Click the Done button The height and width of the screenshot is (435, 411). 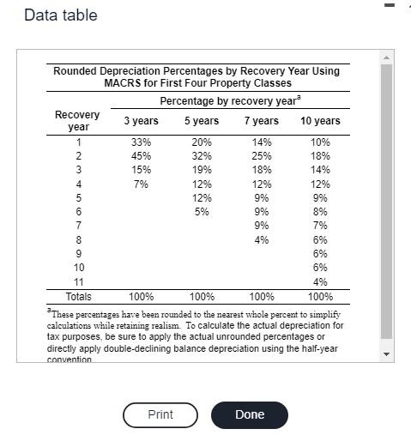tap(250, 414)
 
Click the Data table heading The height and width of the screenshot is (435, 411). tap(61, 15)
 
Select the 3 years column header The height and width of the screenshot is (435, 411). tap(141, 121)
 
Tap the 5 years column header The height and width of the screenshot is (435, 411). tap(202, 121)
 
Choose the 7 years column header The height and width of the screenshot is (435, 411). tap(262, 121)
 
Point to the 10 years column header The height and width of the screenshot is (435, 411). tap(320, 121)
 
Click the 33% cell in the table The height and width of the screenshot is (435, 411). tap(141, 142)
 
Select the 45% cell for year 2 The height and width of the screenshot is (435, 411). tap(141, 156)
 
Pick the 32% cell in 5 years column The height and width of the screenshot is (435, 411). tap(202, 156)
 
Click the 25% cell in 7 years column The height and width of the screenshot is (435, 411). tap(262, 156)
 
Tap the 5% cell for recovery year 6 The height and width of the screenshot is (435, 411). tap(202, 212)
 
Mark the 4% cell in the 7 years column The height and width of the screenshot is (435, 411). tap(262, 240)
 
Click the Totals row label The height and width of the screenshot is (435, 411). tap(78, 297)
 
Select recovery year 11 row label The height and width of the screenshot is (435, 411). tap(78, 282)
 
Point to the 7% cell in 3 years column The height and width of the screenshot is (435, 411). tap(141, 184)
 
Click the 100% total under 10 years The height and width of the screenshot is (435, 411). tap(320, 297)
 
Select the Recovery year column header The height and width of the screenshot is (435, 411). tap(77, 120)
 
